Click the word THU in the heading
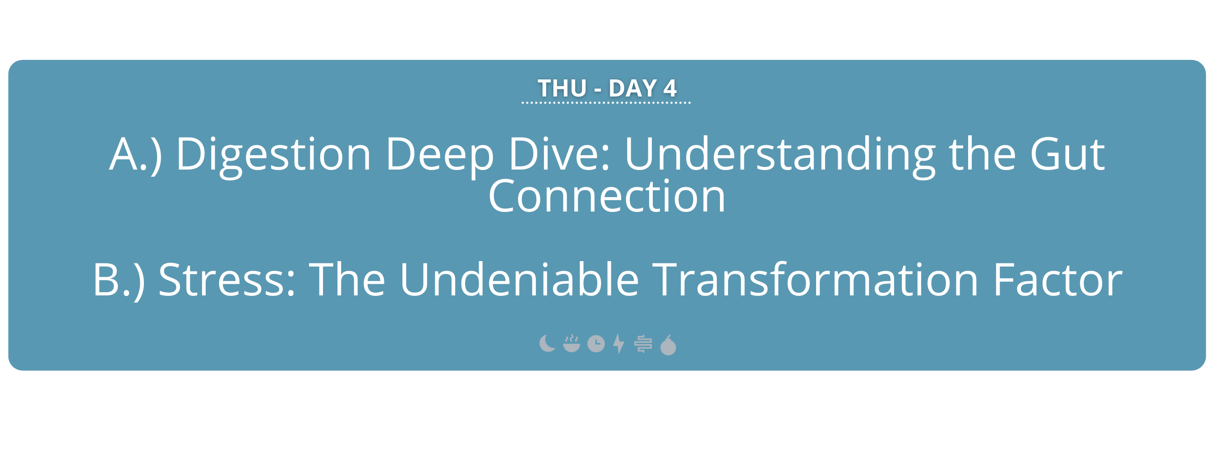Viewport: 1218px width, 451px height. coord(562,88)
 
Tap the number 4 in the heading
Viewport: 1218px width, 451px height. coord(669,88)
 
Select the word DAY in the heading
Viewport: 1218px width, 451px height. coord(632,88)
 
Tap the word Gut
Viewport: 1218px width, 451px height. coord(1067,154)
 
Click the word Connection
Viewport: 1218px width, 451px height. coord(607,196)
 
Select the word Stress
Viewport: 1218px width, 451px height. coord(227,280)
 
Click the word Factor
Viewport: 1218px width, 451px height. coord(1058,280)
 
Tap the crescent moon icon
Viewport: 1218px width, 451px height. coord(546,344)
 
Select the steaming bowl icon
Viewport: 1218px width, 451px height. coord(572,344)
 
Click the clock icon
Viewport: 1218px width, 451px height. coord(596,344)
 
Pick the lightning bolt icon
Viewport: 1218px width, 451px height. coord(618,344)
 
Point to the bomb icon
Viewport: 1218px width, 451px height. coord(668,345)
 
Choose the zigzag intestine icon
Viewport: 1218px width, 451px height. coord(643,344)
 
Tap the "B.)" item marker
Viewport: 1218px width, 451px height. coord(119,281)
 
